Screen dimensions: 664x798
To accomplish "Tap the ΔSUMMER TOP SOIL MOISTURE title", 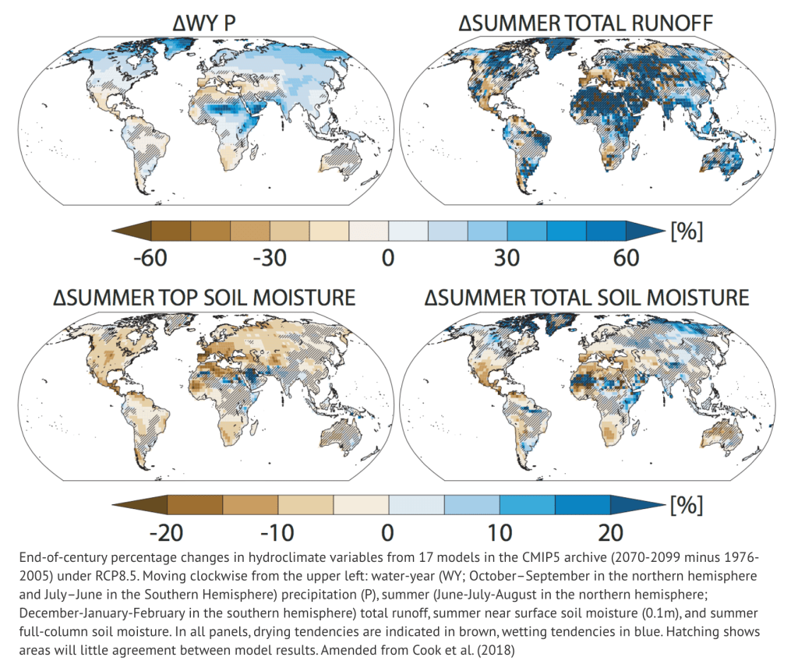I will [x=204, y=298].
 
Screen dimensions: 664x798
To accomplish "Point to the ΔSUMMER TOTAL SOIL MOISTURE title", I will [x=587, y=298].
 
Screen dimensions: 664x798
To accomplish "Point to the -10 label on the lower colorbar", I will [x=277, y=533].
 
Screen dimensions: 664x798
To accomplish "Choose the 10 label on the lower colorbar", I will [x=499, y=533].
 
